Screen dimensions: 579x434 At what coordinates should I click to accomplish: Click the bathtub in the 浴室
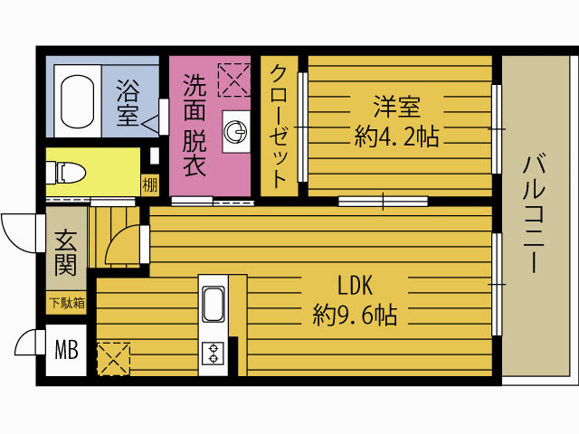point(78,101)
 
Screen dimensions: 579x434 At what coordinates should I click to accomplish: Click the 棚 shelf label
point(150,184)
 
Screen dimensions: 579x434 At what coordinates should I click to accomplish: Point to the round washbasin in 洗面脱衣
point(235,132)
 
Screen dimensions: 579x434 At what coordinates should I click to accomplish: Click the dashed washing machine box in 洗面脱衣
point(234,80)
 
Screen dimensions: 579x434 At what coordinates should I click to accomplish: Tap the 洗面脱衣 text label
point(195,125)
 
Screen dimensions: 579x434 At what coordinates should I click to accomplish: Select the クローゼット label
point(279,127)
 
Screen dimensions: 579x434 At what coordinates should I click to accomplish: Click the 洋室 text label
point(396,107)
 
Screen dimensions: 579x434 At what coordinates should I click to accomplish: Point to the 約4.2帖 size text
point(396,137)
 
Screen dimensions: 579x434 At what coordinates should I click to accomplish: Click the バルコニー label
point(535,214)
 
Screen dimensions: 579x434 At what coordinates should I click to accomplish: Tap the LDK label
point(356,285)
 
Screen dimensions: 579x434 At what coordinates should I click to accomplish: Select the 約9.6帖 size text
point(355,315)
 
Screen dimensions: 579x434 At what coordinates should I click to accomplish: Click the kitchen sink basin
point(214,304)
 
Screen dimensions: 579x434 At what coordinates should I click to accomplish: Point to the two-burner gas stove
point(214,354)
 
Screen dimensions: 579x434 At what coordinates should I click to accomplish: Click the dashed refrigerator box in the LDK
point(114,359)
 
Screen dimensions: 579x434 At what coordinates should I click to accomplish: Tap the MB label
point(66,350)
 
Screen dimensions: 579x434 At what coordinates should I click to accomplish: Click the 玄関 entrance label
point(66,253)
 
